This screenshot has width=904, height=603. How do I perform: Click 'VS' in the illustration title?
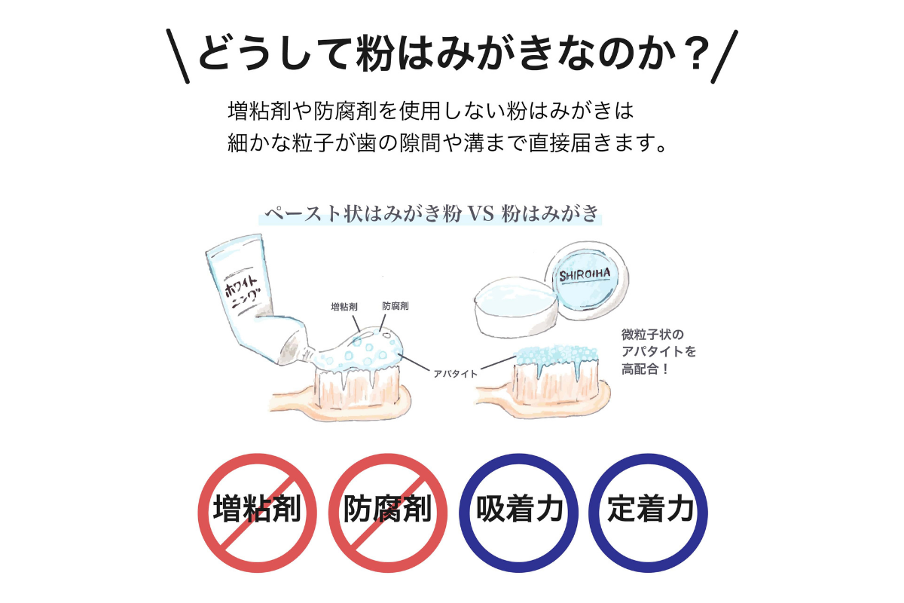point(479,214)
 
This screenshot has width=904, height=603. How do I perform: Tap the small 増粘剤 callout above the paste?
point(344,308)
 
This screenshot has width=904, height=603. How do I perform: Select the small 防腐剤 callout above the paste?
point(395,308)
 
